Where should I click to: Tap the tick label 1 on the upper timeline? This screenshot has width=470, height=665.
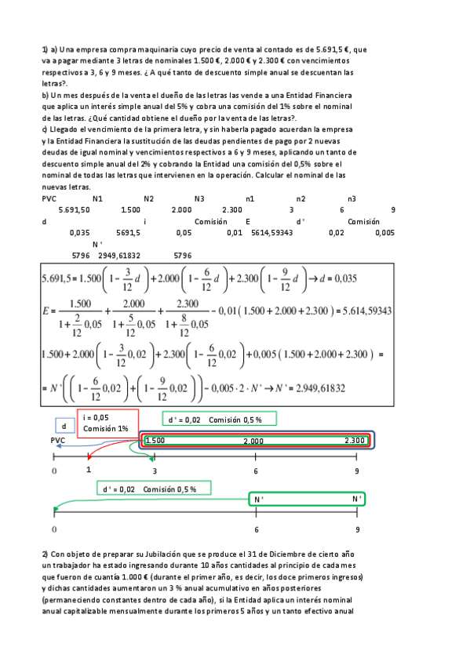coord(89,470)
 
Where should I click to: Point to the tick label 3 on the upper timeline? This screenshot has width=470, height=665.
coord(155,471)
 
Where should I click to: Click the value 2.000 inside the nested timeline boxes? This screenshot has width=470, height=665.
coord(253,442)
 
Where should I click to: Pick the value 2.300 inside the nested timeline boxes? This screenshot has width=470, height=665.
coord(355,441)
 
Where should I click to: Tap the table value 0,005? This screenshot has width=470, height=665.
coord(384,233)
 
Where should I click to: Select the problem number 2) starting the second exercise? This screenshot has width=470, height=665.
coord(46,554)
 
